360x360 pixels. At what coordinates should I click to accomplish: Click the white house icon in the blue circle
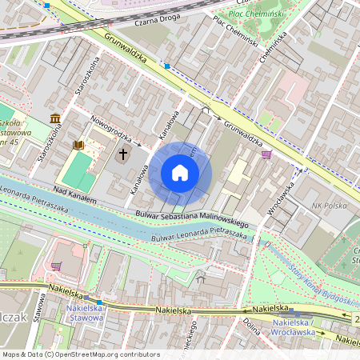180,173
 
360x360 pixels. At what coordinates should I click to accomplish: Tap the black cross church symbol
123,152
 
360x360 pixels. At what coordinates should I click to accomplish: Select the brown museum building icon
54,119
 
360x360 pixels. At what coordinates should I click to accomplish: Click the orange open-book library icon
78,145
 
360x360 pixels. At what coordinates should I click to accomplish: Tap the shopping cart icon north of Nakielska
56,265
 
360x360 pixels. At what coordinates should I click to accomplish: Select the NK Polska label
330,206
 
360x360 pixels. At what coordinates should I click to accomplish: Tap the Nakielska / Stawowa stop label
83,312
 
